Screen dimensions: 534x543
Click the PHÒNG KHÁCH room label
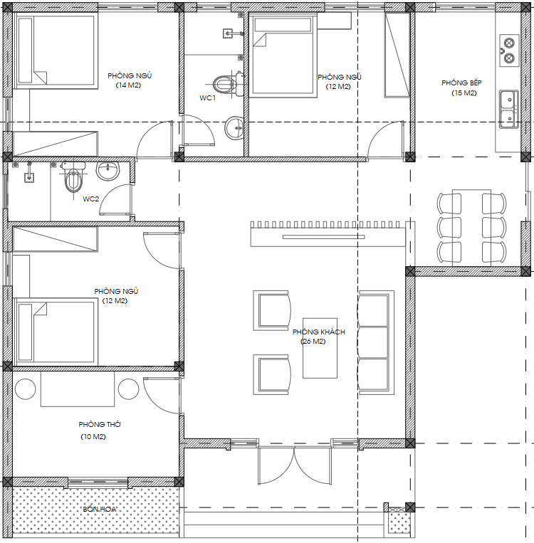tap(318, 332)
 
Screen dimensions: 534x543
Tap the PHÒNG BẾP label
tap(461, 83)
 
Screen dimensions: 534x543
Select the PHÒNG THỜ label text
tap(100, 424)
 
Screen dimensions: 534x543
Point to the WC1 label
tap(207, 98)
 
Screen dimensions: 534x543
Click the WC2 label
tap(91, 199)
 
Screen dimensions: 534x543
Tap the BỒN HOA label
tap(100, 509)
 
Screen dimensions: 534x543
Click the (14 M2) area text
tap(128, 85)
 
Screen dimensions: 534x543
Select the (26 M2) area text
tap(313, 342)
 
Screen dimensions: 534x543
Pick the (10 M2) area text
tap(93, 436)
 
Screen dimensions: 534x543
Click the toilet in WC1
tap(228, 84)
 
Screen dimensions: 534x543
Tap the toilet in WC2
tap(73, 176)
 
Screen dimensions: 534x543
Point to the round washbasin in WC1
tap(234, 128)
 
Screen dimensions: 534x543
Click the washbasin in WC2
tap(108, 171)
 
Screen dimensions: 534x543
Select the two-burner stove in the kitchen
tap(508, 51)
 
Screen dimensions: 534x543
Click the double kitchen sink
tap(508, 109)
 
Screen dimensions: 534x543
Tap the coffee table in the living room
tap(320, 348)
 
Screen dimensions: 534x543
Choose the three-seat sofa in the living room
tap(376, 342)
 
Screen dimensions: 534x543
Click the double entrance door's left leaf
tap(276, 465)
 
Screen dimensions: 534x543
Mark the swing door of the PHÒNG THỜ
tap(162, 396)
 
